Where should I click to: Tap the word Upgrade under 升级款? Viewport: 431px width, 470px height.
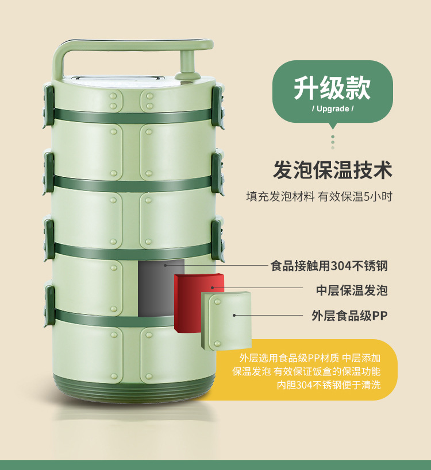(x=333, y=108)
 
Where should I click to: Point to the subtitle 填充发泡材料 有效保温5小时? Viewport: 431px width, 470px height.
(x=319, y=196)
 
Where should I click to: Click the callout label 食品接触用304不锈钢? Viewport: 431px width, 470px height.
(x=329, y=266)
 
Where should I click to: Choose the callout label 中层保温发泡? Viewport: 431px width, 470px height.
(x=352, y=290)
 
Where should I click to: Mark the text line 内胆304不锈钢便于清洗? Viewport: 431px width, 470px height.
(x=329, y=385)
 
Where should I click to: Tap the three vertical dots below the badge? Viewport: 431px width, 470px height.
(x=332, y=141)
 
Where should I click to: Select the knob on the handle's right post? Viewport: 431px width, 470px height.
(x=187, y=63)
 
